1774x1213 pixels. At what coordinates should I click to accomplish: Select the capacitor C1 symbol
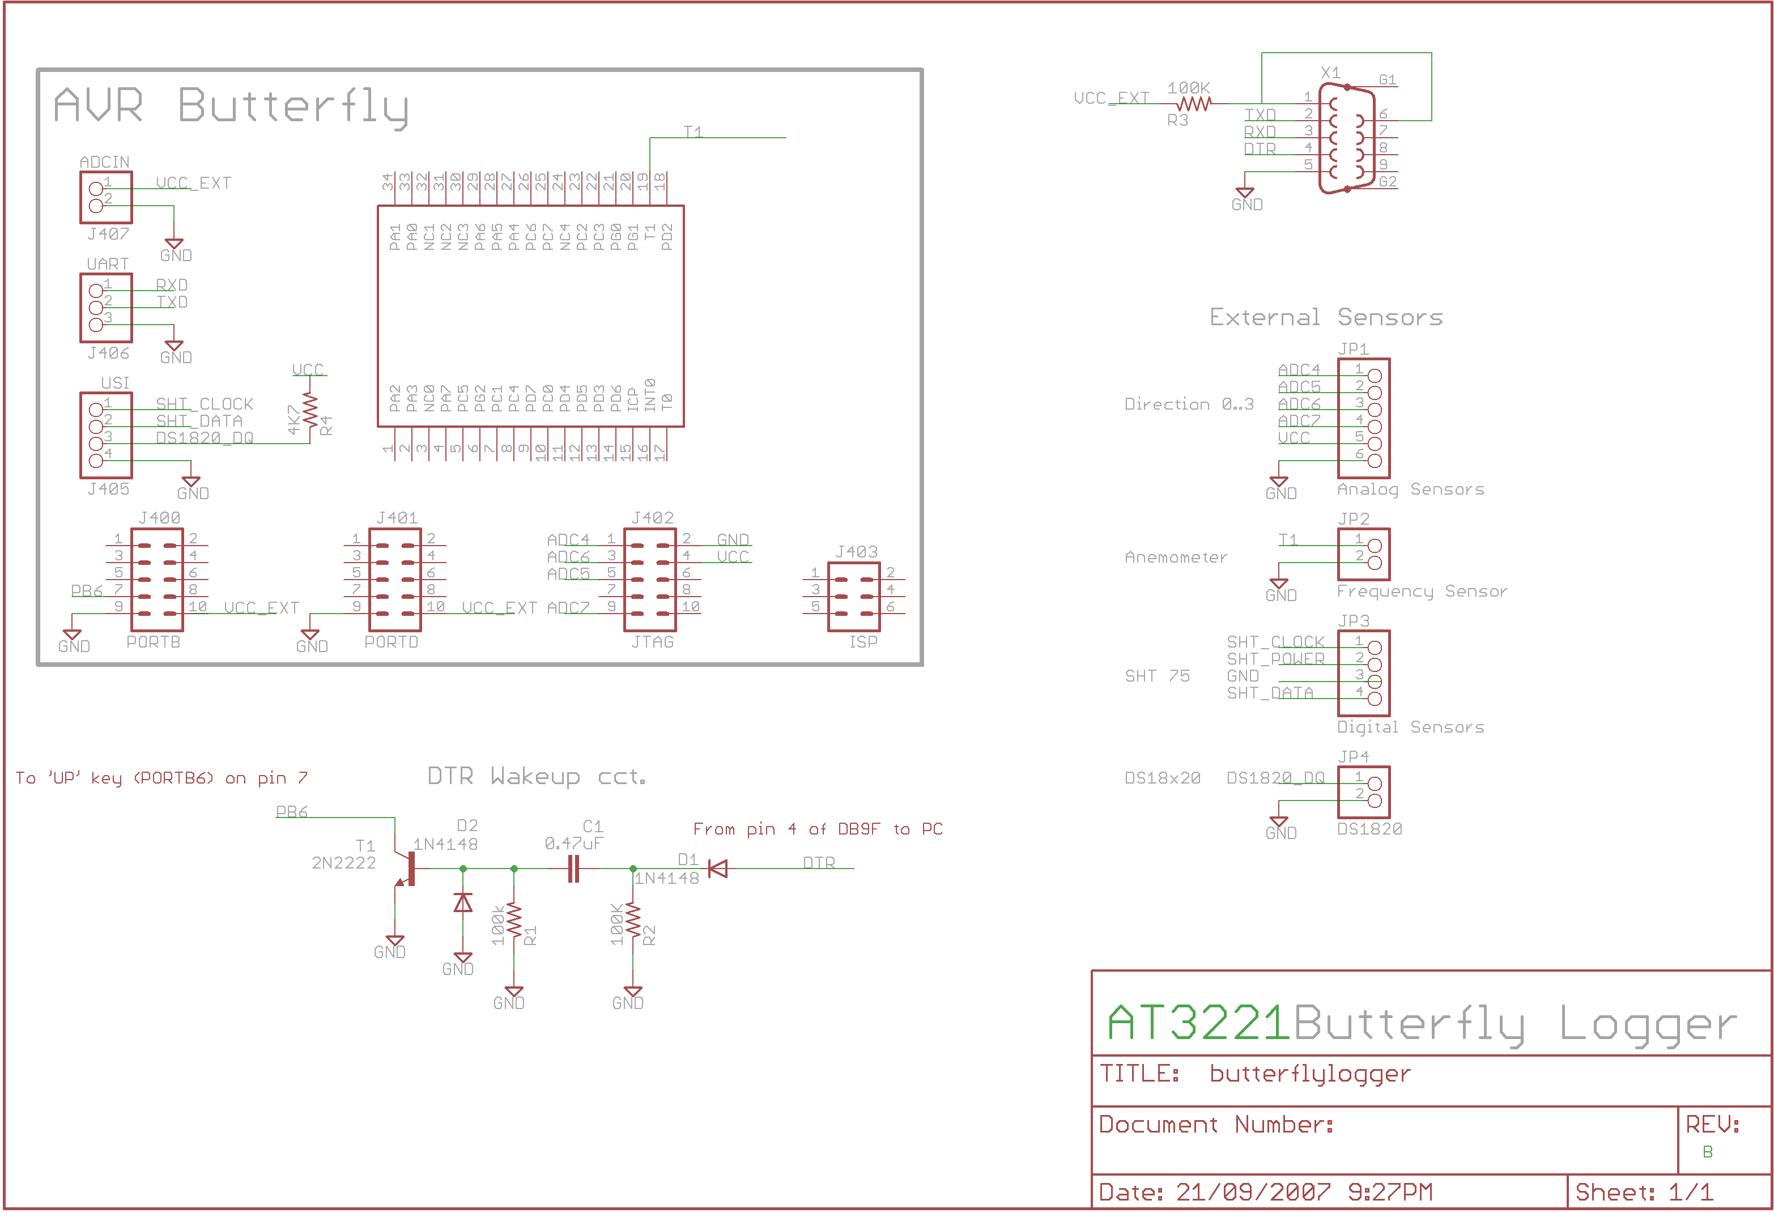coord(574,869)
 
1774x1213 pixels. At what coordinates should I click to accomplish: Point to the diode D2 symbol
coord(462,903)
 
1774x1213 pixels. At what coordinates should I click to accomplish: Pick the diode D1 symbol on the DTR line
coord(717,869)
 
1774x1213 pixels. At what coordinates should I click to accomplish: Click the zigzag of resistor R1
coord(514,921)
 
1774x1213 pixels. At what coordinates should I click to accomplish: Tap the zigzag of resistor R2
coord(633,921)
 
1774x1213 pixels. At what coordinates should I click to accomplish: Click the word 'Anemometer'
coord(1176,558)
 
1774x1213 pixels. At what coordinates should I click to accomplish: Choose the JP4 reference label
coord(1354,756)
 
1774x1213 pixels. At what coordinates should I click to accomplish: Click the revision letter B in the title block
coord(1708,1152)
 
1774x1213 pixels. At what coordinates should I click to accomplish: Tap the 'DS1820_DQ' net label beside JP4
coord(1275,778)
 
